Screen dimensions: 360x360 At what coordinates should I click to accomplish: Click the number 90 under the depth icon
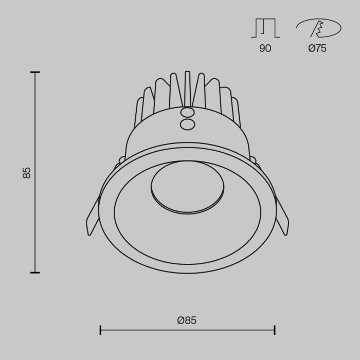pyautogui.click(x=265, y=49)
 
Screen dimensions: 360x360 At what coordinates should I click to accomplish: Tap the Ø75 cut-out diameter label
pyautogui.click(x=317, y=49)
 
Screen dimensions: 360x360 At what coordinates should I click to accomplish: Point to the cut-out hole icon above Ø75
pyautogui.click(x=318, y=28)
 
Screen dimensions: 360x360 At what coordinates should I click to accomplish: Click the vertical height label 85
pyautogui.click(x=27, y=172)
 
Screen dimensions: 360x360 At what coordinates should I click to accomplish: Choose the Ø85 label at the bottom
pyautogui.click(x=187, y=320)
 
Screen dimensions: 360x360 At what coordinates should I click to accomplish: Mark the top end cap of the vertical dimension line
pyautogui.click(x=35, y=73)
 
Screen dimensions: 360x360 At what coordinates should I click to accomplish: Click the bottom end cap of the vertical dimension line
pyautogui.click(x=35, y=272)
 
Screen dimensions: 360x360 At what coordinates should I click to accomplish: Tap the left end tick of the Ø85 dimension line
pyautogui.click(x=100, y=330)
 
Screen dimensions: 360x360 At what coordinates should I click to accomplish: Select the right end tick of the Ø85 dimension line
pyautogui.click(x=275, y=330)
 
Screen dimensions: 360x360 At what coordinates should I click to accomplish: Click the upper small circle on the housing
pyautogui.click(x=188, y=113)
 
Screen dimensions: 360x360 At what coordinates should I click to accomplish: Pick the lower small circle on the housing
pyautogui.click(x=188, y=124)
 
